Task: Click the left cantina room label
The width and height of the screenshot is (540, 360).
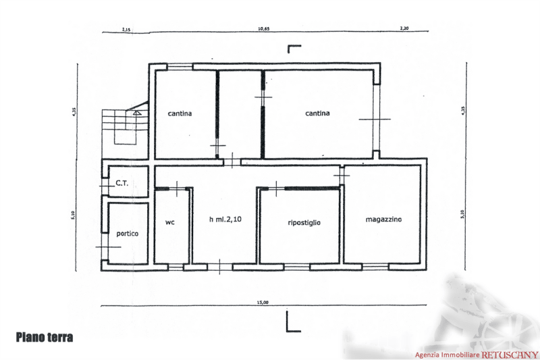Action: (x=180, y=114)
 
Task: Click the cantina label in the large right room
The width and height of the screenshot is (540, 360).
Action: (x=317, y=114)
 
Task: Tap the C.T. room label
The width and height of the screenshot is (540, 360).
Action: (x=122, y=182)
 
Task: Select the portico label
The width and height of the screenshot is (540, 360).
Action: (x=127, y=233)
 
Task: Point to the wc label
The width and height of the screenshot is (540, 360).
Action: (x=170, y=221)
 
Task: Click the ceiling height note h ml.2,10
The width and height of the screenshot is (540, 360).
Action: (x=225, y=221)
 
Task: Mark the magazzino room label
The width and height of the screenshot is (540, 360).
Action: (x=383, y=221)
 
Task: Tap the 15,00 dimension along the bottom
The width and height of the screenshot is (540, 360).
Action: (x=263, y=302)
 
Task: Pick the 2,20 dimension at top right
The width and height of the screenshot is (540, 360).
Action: (x=404, y=30)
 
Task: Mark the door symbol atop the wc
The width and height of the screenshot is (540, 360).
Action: (x=177, y=188)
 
